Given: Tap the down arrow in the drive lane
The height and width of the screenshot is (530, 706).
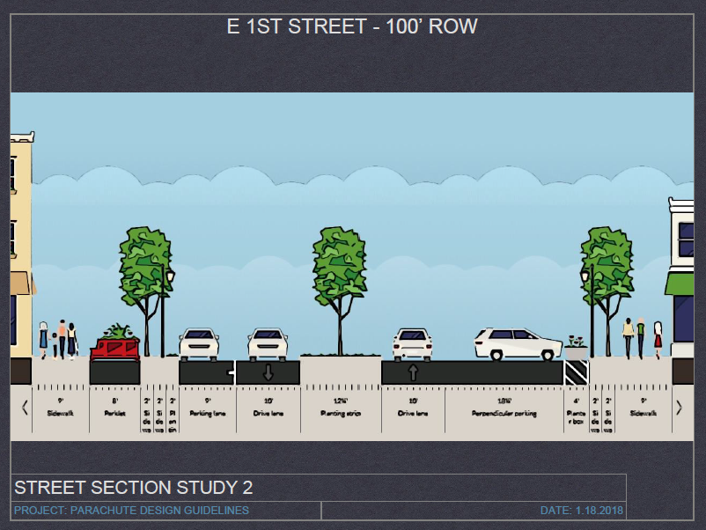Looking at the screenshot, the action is tap(268, 372).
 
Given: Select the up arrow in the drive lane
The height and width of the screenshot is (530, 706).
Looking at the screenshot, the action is tap(413, 372).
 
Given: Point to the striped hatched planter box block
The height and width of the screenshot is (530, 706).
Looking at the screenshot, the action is tap(576, 372).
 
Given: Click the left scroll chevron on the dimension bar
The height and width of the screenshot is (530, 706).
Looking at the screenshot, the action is tap(25, 408).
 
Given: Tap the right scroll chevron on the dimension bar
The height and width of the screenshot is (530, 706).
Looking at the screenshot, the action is tap(679, 408).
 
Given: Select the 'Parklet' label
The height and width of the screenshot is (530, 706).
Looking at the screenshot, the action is tap(114, 413).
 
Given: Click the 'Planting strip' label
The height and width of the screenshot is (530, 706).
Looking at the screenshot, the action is tap(340, 413).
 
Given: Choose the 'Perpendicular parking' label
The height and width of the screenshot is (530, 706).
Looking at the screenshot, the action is tap(504, 413).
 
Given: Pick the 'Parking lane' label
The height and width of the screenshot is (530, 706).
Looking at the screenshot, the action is tap(207, 413).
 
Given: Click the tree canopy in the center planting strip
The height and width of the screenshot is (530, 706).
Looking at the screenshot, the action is tap(340, 259).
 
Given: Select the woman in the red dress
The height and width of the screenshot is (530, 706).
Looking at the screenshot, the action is tap(657, 339).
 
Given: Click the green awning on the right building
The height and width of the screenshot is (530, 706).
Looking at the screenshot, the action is tap(679, 283).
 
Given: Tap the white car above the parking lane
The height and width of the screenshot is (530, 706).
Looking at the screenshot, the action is tap(199, 343).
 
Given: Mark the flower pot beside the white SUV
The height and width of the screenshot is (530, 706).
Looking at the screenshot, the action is tap(575, 342).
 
